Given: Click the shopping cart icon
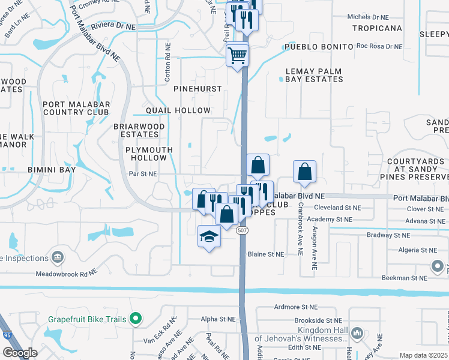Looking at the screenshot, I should [238, 55].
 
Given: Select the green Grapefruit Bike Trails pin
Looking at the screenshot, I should [136, 319].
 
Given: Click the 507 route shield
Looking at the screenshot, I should [242, 230].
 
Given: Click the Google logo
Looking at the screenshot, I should [20, 353].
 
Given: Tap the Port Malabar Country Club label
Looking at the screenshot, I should [76, 108].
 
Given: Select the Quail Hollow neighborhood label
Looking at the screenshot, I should [178, 110].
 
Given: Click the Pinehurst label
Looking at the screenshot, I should [197, 89].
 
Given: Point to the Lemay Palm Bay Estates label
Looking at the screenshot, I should [314, 75].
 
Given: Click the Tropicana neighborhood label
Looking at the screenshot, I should [377, 28].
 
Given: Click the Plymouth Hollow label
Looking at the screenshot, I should [149, 154].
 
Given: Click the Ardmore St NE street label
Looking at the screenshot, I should [295, 307].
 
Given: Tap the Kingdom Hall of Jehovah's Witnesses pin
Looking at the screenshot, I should [358, 332].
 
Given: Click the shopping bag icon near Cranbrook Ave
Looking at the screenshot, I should [305, 172].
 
